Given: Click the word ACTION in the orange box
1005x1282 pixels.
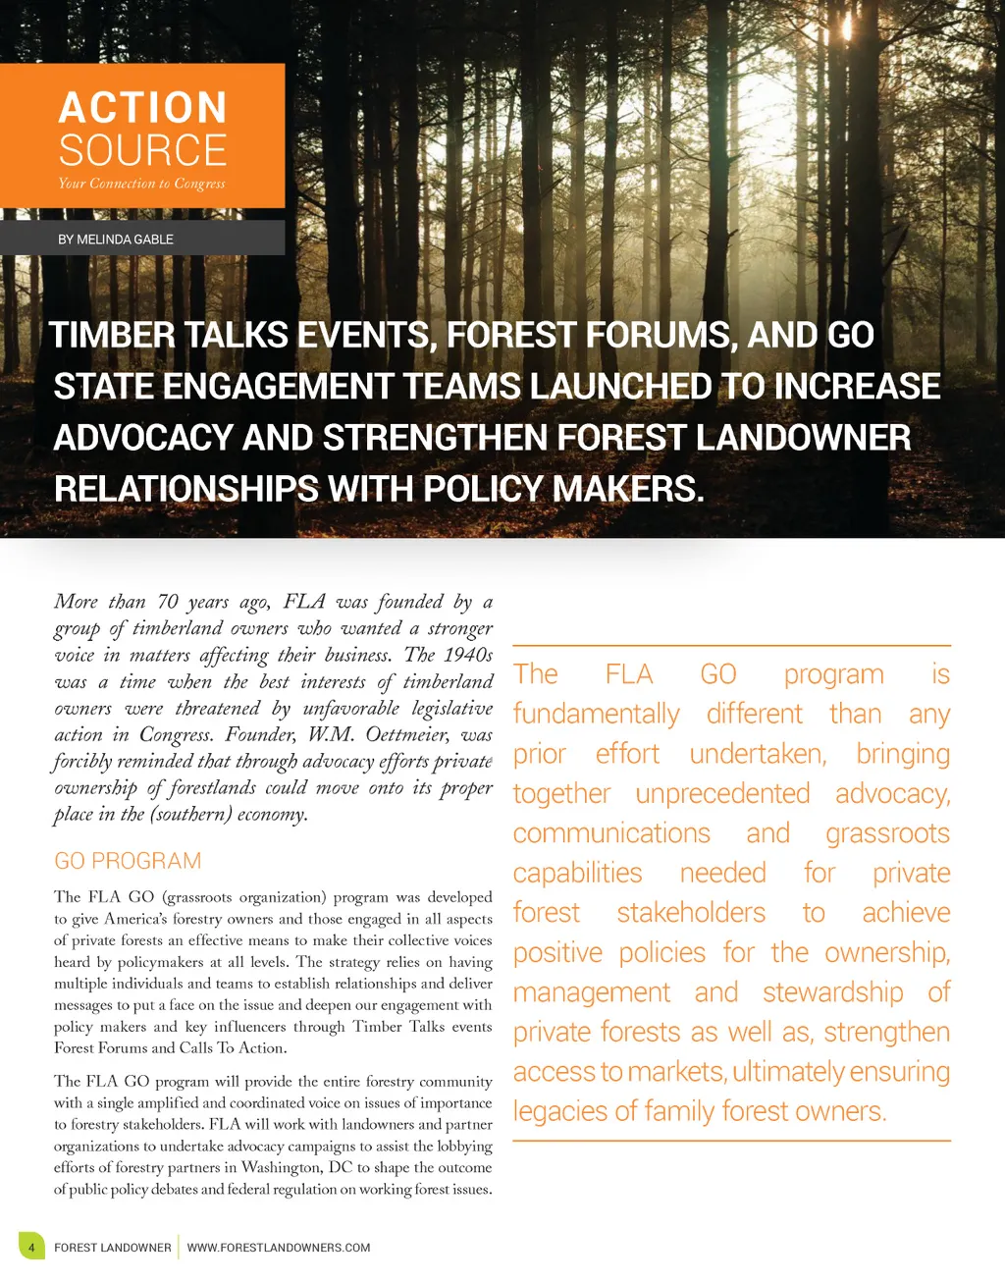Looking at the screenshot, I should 142,108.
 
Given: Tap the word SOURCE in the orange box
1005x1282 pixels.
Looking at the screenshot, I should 142,150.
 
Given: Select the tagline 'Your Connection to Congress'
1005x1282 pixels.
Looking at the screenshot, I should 141,184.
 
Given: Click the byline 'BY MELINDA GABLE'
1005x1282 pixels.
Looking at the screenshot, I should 116,240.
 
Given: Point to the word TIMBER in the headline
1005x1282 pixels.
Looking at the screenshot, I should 113,336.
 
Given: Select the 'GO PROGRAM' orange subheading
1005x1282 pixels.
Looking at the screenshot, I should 128,861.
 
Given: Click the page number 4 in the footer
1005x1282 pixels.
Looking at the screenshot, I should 31,1248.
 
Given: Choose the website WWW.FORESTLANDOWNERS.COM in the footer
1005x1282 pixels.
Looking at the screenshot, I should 279,1248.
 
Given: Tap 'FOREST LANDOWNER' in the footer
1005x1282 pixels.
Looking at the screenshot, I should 113,1248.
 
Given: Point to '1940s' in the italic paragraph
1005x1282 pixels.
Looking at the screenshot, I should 468,655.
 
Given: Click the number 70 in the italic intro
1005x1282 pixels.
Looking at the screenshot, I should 168,602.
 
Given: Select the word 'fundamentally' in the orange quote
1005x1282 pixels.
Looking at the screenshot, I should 596,715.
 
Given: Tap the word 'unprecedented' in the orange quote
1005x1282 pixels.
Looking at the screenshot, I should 722,794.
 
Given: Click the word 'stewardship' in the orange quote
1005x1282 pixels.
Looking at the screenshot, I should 832,992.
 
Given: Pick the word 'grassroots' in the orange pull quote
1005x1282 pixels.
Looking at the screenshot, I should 887,833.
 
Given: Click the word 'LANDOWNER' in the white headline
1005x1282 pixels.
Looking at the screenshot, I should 803,438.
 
